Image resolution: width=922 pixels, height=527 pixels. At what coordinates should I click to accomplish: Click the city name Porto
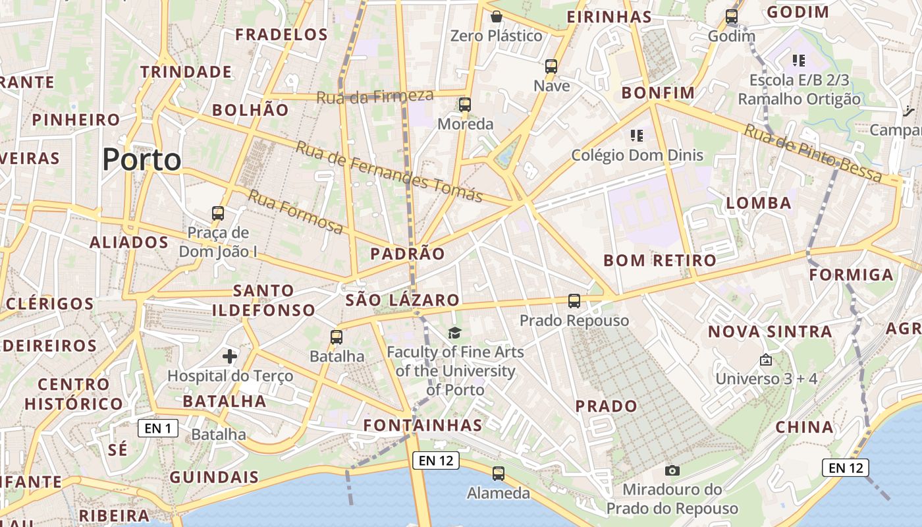click(142, 159)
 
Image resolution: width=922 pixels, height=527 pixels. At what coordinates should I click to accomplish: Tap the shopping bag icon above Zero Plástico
click(497, 16)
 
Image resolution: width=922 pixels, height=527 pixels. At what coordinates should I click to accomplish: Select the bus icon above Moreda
click(465, 104)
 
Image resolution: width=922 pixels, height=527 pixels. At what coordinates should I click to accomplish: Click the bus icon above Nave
click(551, 67)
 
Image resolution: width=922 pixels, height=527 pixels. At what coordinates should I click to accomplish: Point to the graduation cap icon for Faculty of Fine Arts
click(454, 333)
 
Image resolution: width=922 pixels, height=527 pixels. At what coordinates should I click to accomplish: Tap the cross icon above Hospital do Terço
click(230, 356)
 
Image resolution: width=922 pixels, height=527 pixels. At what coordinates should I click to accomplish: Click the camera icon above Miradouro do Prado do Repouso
click(672, 470)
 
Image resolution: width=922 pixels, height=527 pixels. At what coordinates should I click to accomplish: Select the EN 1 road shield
click(158, 429)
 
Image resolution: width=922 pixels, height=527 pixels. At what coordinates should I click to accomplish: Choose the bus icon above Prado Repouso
click(574, 301)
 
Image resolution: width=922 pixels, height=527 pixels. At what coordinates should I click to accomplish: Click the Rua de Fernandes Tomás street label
click(389, 171)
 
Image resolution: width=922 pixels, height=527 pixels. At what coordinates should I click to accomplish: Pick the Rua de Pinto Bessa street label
click(813, 153)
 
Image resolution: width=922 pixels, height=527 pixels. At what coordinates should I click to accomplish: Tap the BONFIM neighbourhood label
click(658, 93)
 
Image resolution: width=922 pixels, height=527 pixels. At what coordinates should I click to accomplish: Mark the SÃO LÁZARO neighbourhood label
click(402, 300)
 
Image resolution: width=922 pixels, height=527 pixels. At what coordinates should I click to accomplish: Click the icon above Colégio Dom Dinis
click(636, 136)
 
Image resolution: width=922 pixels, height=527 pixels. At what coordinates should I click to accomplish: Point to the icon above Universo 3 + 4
click(765, 360)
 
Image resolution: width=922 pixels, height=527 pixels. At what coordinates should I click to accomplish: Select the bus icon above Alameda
click(499, 473)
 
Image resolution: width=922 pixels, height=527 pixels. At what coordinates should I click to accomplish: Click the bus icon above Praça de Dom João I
click(218, 213)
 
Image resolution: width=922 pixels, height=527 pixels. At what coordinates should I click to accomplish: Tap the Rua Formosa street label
click(295, 211)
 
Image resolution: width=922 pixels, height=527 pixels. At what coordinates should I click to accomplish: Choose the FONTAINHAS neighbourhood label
click(423, 425)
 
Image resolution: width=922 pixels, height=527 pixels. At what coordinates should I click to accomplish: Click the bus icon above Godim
click(732, 16)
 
